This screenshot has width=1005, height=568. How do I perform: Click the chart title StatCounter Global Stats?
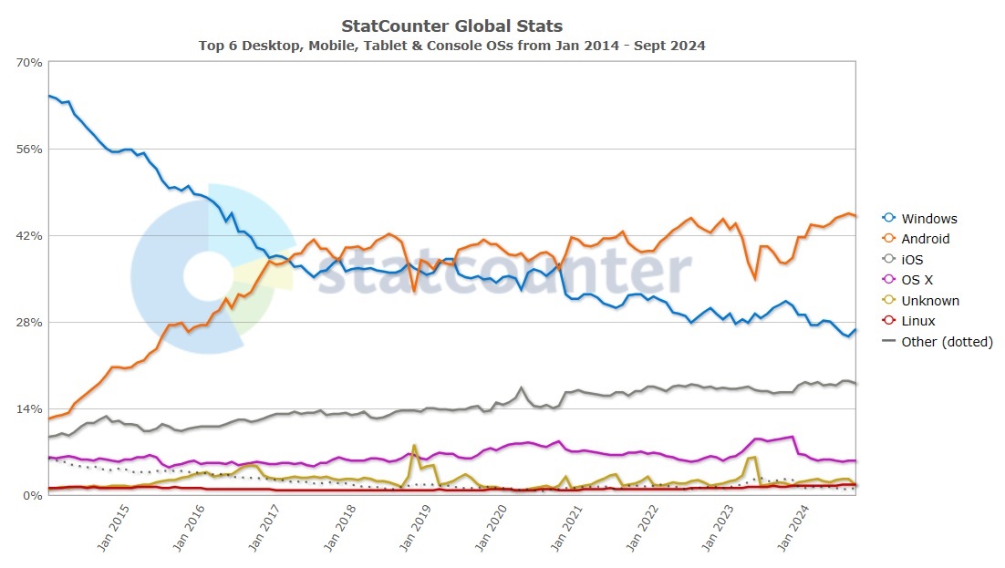(x=451, y=26)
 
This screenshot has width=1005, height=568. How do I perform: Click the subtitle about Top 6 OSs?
(x=451, y=45)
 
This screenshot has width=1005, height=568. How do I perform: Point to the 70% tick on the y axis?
(x=29, y=62)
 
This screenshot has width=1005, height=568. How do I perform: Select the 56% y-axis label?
(x=29, y=149)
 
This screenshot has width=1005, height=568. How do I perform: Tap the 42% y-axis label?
(x=29, y=235)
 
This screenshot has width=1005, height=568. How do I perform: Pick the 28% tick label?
(x=29, y=322)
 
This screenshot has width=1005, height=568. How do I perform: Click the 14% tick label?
(x=29, y=408)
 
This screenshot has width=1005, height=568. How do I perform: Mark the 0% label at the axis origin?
(x=33, y=495)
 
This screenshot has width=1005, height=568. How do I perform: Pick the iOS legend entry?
(x=912, y=260)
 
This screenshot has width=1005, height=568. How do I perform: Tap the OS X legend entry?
(x=917, y=281)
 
